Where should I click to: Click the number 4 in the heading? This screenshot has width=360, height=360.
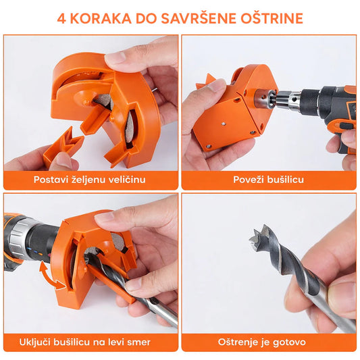click(x=61, y=19)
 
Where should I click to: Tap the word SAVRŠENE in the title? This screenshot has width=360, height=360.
click(x=199, y=18)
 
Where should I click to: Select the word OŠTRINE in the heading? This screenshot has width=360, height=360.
click(x=272, y=18)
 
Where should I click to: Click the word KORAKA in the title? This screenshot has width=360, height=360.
click(x=101, y=19)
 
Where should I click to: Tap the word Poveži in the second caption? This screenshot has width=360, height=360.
click(x=247, y=180)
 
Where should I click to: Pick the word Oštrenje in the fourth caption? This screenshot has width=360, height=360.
click(x=236, y=342)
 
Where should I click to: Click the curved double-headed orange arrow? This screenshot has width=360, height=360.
click(x=49, y=276)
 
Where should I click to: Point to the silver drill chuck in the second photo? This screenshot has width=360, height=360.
click(x=287, y=99)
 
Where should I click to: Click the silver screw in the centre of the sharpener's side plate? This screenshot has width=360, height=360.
click(x=224, y=124)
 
